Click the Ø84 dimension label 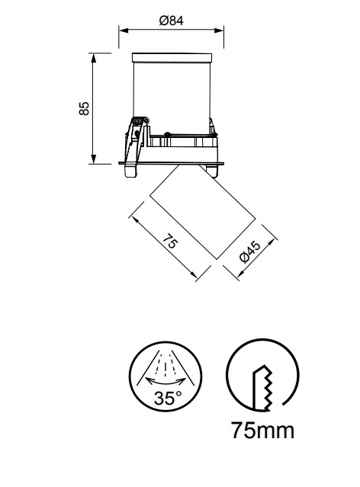tap(171, 21)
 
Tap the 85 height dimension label tap(84, 108)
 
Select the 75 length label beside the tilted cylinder tap(170, 241)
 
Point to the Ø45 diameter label tap(250, 252)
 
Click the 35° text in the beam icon tap(168, 398)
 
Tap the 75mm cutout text tap(262, 431)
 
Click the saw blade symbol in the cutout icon tap(263, 388)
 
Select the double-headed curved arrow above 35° tap(166, 380)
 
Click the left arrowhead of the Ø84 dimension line tap(124, 30)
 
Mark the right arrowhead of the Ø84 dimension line tap(219, 30)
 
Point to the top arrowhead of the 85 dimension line tap(93, 58)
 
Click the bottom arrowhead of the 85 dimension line tap(93, 159)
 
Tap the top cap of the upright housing tap(172, 58)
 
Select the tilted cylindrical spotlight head tap(202, 212)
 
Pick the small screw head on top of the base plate tap(167, 134)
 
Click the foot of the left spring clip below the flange tap(130, 171)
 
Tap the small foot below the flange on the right tap(211, 171)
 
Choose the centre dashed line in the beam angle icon tap(166, 369)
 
